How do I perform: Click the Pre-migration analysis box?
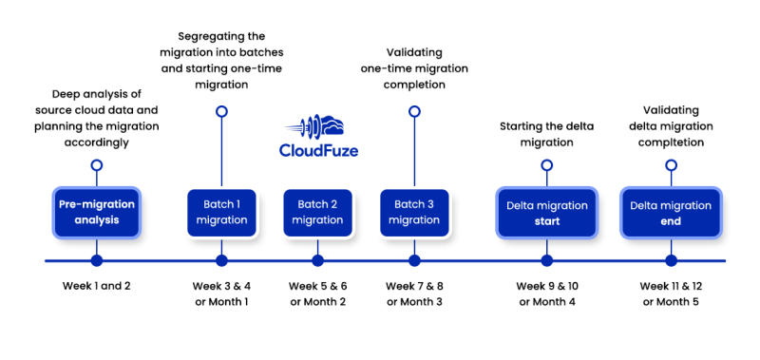[96, 213]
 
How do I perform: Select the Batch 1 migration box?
[221, 213]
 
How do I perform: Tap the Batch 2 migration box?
[317, 213]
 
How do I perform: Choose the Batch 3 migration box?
[413, 213]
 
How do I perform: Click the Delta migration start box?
[546, 213]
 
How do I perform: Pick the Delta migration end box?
[671, 213]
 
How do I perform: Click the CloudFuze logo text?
[318, 150]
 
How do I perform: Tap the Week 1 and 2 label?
[96, 286]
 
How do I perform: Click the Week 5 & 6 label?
[317, 286]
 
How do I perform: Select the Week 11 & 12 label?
[671, 286]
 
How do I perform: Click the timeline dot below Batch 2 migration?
[317, 260]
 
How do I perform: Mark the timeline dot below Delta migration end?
[671, 260]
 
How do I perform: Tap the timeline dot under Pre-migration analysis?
[96, 260]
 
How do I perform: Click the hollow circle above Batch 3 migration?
[413, 111]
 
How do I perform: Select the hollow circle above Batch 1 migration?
[221, 111]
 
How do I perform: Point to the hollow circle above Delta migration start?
[546, 164]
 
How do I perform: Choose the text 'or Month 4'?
[546, 302]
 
